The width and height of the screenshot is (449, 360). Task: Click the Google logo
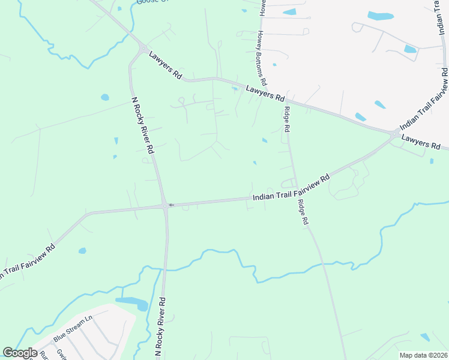point(20,352)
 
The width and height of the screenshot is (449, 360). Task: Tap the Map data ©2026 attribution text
point(423,355)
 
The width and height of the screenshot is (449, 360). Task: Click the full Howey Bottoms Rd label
point(263,59)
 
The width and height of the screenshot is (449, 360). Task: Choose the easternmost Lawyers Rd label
point(421,142)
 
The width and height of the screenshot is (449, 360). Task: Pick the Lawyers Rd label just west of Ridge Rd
point(265,92)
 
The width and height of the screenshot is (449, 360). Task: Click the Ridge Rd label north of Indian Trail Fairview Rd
point(287,119)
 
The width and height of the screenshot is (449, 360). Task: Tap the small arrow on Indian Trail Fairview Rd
point(171,205)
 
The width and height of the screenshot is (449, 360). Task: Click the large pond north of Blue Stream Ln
point(132,302)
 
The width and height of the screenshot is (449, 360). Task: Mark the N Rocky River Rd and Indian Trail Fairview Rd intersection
point(164,206)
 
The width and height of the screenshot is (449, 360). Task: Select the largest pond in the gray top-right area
point(381,16)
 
